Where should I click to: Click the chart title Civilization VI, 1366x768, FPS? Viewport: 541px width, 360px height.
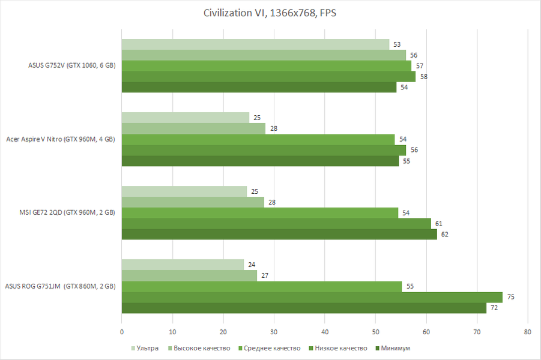[x=270, y=13]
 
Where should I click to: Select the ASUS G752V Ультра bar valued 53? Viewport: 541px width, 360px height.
[x=255, y=44]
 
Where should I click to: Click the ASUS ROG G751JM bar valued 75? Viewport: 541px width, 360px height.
[x=312, y=297]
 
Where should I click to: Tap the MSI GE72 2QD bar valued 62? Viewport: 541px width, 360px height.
[x=279, y=234]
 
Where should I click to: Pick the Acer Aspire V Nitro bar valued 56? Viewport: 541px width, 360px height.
[x=264, y=150]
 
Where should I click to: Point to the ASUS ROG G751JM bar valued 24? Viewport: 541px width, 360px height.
[x=183, y=265]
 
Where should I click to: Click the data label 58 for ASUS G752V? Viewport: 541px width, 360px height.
[x=423, y=77]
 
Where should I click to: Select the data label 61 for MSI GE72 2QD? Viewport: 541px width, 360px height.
[x=439, y=223]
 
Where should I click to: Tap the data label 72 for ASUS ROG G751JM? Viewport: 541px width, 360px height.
[x=495, y=308]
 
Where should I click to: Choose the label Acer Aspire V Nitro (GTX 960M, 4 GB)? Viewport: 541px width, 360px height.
[x=61, y=139]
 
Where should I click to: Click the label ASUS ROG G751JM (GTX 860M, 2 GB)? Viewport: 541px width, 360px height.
[x=60, y=286]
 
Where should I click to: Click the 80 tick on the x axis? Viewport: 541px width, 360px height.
[x=528, y=331]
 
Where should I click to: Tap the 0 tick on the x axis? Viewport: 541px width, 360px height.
[x=122, y=331]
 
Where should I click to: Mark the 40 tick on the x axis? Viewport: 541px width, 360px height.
[x=325, y=331]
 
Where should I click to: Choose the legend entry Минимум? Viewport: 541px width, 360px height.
[x=396, y=348]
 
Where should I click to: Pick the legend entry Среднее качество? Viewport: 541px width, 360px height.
[x=269, y=348]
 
